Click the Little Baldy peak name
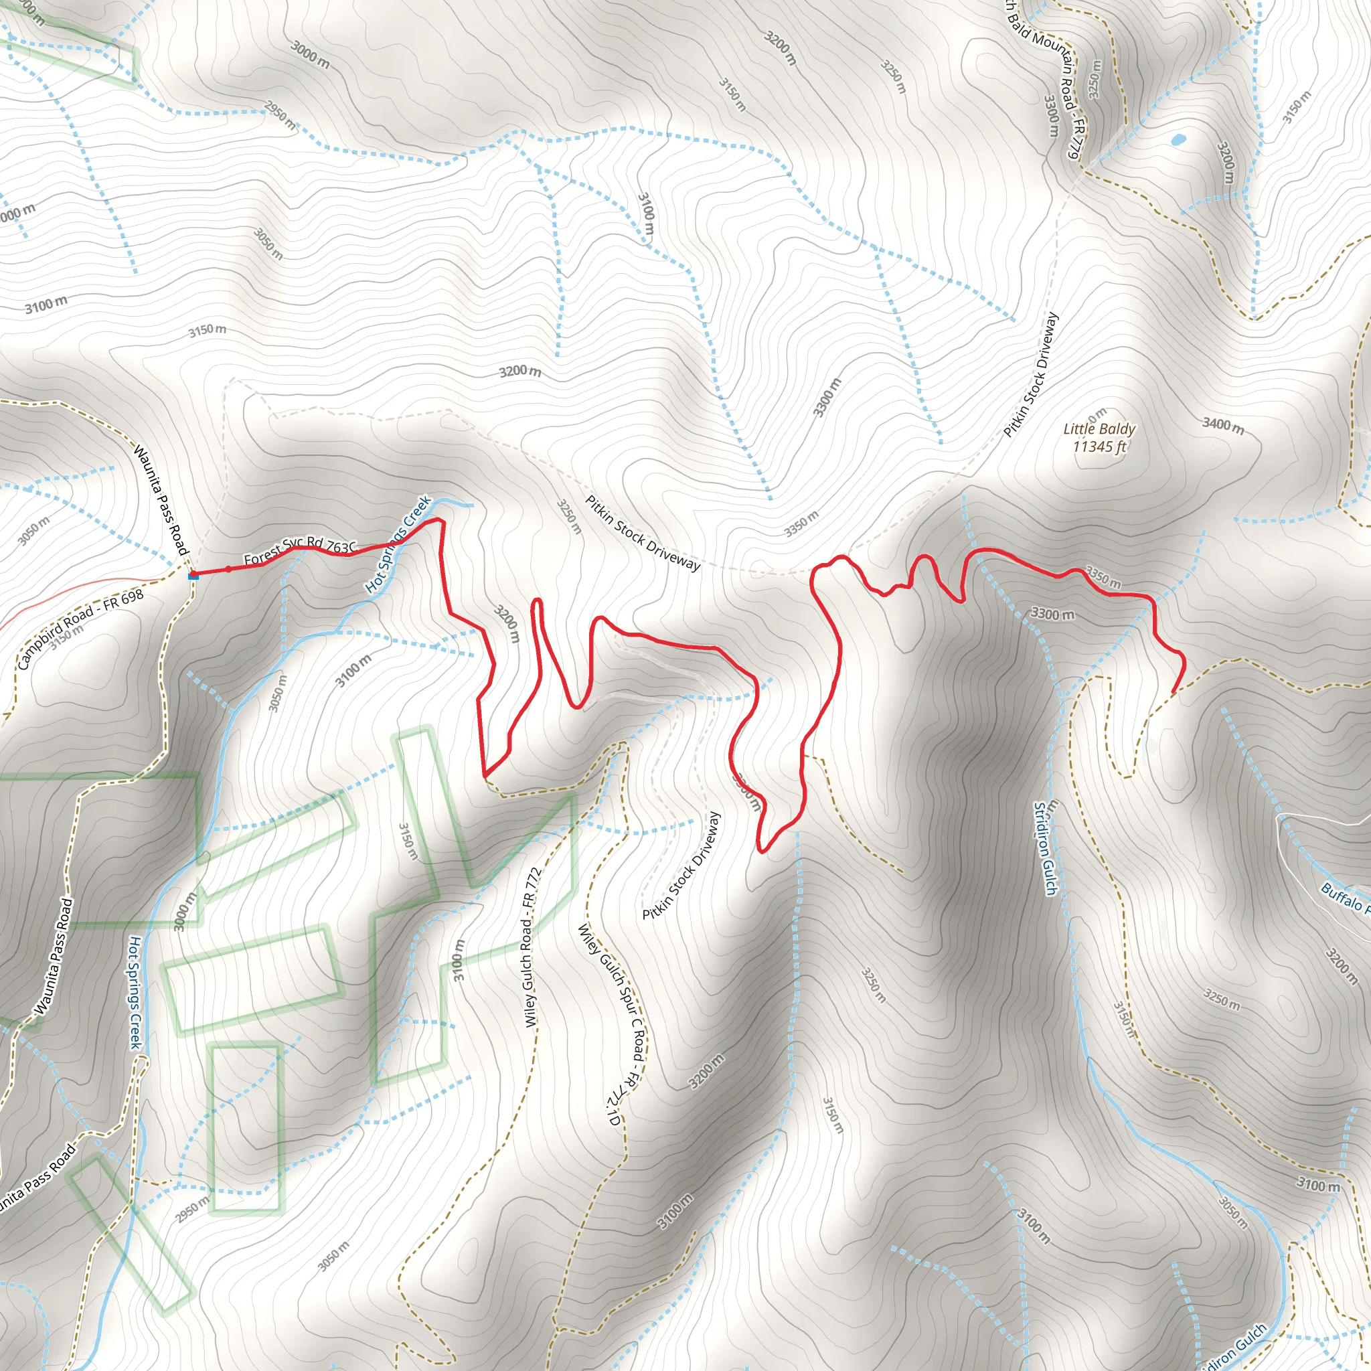1099,428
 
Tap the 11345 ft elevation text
1099,447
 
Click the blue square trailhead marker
193,576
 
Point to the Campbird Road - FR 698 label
80,629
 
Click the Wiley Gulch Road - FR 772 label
532,947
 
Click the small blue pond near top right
1178,140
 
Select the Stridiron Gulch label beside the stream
1045,849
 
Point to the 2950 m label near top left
280,116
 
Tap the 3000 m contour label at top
310,54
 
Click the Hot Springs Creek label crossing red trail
398,544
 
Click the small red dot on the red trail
228,569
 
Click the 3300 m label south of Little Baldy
1052,613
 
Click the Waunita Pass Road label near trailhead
162,500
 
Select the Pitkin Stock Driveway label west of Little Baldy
1031,375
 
